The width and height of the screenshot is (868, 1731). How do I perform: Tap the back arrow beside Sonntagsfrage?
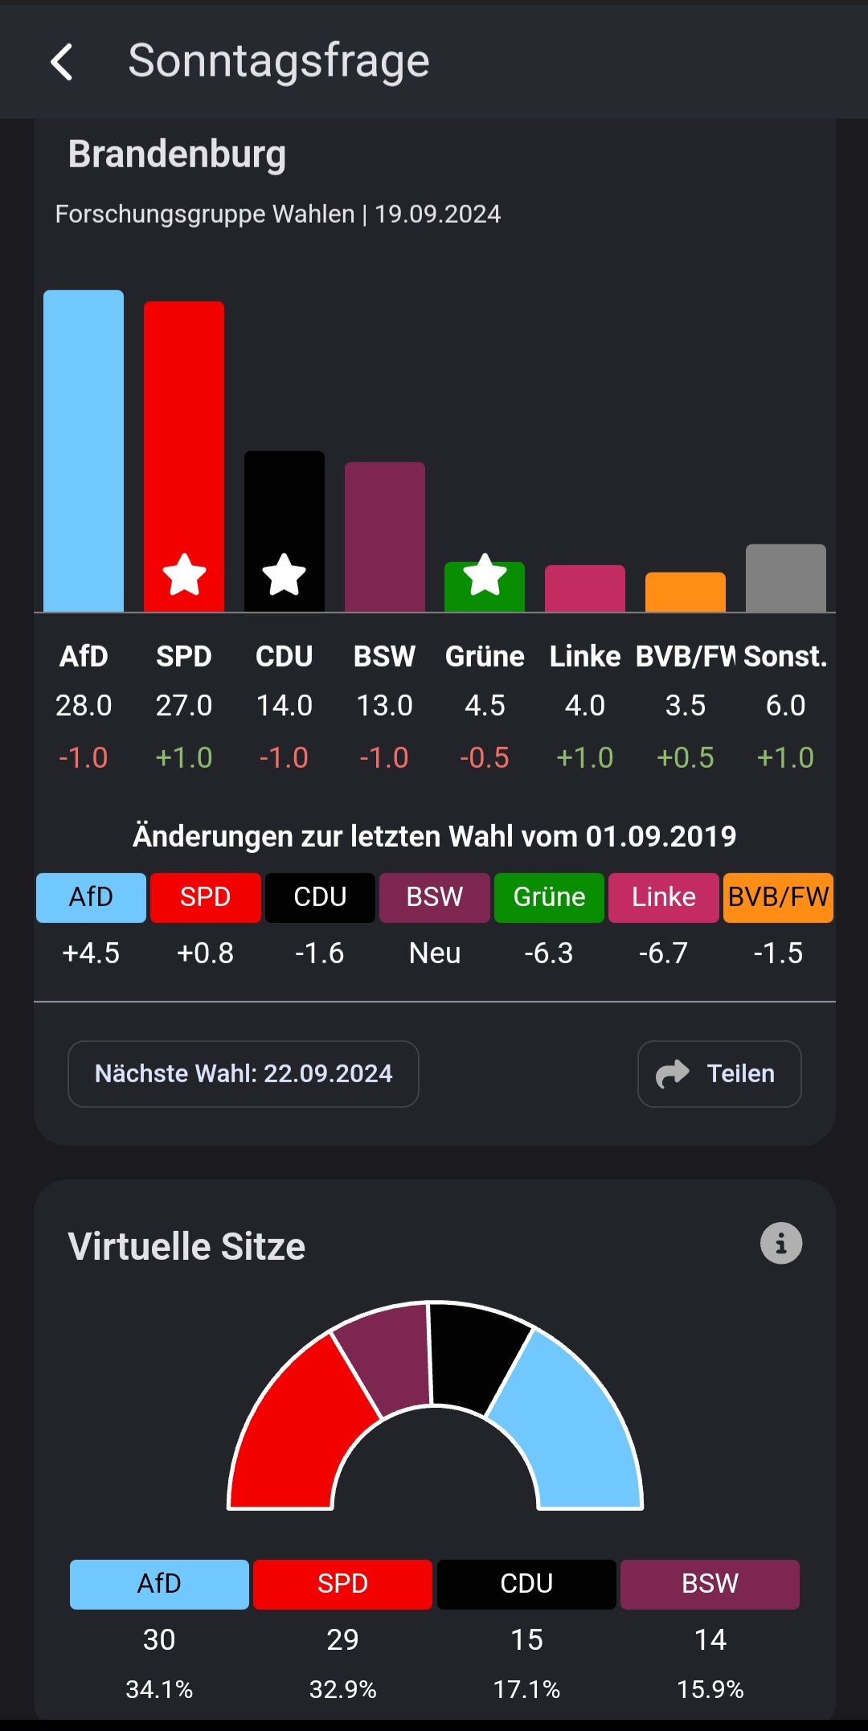62,62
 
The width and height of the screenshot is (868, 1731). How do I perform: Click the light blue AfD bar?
84,450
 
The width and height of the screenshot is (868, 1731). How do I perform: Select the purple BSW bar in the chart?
384,536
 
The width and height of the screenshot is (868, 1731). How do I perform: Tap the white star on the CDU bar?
285,575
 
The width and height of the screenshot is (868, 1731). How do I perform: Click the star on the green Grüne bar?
485,575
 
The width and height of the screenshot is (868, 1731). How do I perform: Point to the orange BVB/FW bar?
685,592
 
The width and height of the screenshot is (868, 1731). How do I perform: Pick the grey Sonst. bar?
785,578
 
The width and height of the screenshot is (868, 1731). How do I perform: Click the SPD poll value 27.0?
183,705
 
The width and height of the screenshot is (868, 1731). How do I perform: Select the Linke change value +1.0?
584,757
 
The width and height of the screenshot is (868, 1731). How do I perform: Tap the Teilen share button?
719,1074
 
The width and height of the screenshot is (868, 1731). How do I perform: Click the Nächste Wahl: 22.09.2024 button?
243,1074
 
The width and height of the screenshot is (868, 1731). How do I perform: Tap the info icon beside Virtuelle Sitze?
780,1244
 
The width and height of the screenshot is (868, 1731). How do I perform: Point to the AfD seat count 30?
159,1639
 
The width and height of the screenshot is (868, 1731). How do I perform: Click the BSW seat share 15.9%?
710,1689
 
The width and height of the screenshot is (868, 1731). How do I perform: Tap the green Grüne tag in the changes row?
549,897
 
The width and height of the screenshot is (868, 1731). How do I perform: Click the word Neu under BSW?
434,953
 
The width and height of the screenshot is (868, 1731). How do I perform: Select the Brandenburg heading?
177,154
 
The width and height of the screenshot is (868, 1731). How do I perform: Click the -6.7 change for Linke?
663,953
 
